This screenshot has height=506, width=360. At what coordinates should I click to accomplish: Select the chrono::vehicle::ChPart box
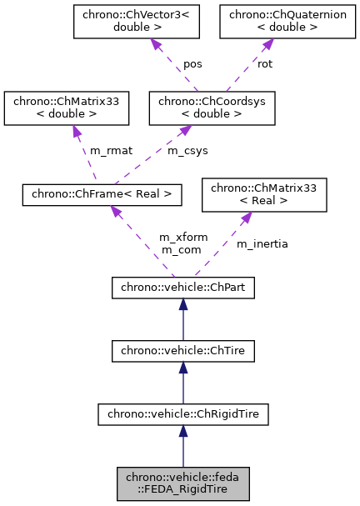click(x=183, y=288)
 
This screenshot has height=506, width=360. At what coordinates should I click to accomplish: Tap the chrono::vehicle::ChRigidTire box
click(x=183, y=413)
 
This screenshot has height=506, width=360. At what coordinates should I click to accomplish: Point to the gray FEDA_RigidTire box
click(x=183, y=483)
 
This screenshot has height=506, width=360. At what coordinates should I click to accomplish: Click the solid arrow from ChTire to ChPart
click(x=183, y=320)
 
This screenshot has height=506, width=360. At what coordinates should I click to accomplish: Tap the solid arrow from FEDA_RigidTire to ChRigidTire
click(x=183, y=446)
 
